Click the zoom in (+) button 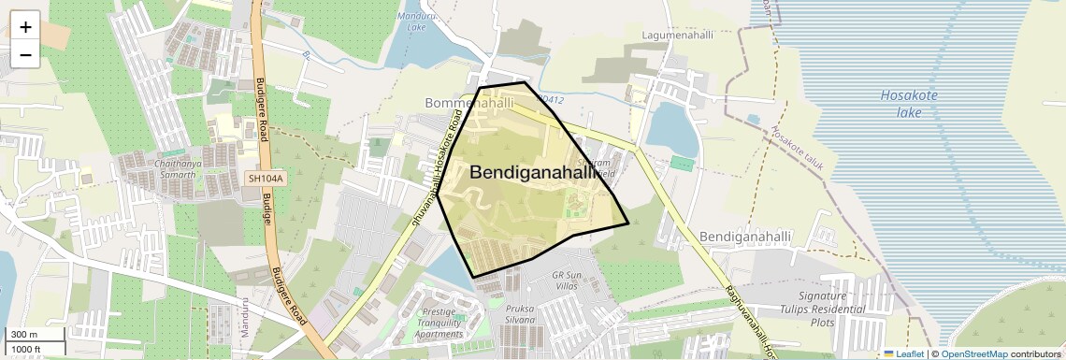25,27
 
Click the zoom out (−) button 25,54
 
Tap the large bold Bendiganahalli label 533,172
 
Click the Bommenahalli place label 469,102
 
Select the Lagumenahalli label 678,35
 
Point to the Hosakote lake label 909,104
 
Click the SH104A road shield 265,178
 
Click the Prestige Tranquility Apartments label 439,323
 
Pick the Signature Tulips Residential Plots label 823,310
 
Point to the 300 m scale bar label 23,335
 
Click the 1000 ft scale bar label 27,349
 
